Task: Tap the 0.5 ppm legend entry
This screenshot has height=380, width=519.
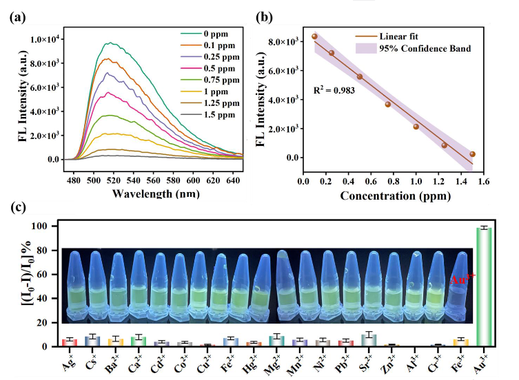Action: (215, 67)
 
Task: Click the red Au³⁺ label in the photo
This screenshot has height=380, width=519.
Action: (460, 279)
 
